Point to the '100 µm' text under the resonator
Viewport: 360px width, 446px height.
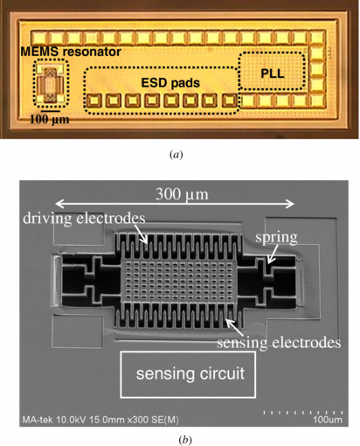click(50, 118)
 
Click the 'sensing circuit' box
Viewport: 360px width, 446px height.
click(189, 375)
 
